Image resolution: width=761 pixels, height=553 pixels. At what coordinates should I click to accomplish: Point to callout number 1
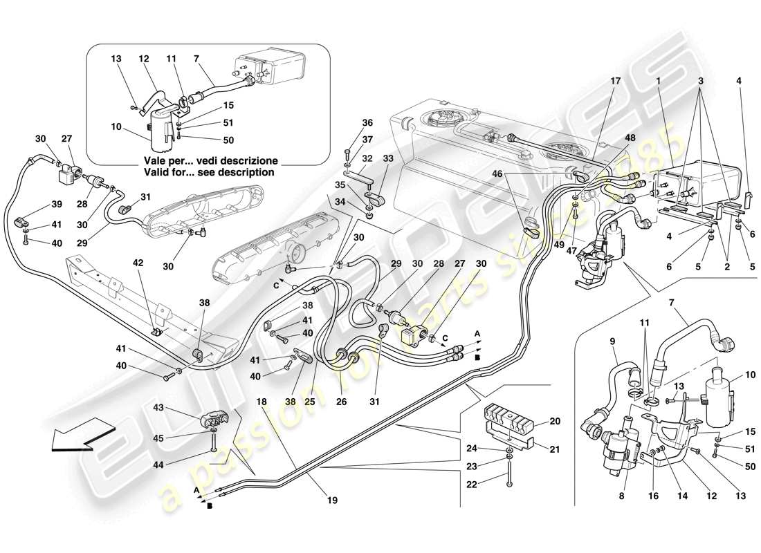click(659, 80)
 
